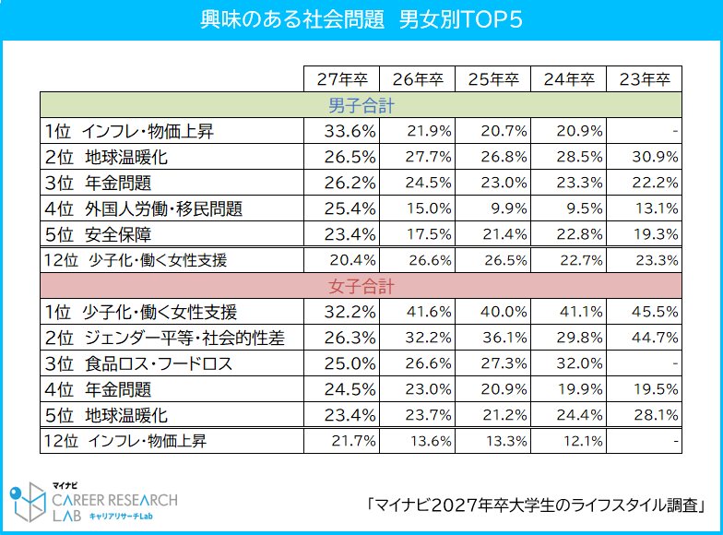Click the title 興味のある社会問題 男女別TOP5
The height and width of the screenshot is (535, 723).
(x=361, y=20)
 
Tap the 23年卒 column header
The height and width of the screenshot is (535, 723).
(x=644, y=79)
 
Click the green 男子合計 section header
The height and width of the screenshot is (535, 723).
(x=361, y=106)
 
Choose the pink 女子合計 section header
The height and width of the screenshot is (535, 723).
(x=361, y=286)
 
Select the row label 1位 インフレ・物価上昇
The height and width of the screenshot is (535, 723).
(x=129, y=131)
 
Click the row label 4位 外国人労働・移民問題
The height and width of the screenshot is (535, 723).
(x=143, y=208)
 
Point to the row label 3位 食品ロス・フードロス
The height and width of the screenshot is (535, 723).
(x=138, y=363)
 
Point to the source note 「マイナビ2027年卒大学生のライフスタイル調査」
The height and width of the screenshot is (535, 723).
(x=535, y=505)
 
